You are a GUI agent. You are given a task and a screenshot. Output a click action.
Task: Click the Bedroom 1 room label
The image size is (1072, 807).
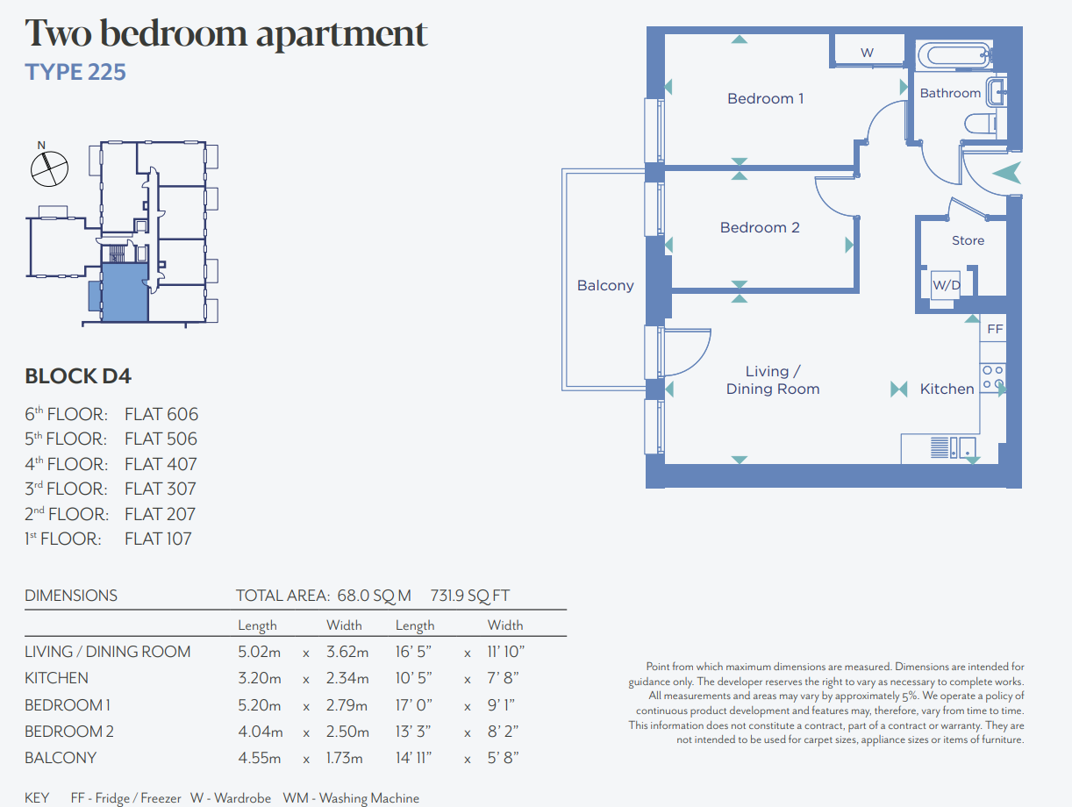coord(765,98)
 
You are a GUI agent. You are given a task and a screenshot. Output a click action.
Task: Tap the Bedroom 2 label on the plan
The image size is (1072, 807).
coord(760,227)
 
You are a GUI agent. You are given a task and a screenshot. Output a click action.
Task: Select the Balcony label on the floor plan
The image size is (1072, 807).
coord(605,285)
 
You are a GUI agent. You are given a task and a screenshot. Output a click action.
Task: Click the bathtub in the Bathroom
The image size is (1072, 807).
coord(954,55)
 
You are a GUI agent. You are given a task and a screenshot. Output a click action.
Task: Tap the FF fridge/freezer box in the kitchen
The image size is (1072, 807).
coord(994,329)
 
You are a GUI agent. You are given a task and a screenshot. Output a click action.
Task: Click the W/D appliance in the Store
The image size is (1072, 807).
coord(946,284)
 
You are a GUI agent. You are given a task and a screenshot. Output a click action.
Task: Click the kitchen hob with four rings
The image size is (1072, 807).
coord(993,377)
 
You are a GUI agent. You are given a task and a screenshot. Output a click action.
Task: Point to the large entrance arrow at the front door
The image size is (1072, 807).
coord(1008,173)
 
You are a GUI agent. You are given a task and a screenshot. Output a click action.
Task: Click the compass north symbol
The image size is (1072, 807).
coord(49,167)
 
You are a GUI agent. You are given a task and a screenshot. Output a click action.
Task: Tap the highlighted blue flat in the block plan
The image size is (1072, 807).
coord(125,292)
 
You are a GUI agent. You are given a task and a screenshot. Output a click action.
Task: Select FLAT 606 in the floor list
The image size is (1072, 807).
coord(161,415)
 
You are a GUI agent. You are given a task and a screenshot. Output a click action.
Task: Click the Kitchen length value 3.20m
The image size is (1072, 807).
coord(260,678)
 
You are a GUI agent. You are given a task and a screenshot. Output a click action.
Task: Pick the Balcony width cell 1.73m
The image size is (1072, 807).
coord(344,758)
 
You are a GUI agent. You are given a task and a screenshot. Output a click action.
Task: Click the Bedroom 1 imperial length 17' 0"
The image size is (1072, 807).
coord(414,705)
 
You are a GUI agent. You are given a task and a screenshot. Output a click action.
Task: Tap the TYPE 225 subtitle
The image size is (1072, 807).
coord(75,72)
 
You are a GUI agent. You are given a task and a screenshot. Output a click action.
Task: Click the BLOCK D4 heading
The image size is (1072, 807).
coord(78,376)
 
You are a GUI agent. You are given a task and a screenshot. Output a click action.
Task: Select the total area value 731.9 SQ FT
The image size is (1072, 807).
coord(470,596)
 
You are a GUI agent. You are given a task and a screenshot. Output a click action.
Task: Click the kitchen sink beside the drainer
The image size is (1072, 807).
coord(968,447)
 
